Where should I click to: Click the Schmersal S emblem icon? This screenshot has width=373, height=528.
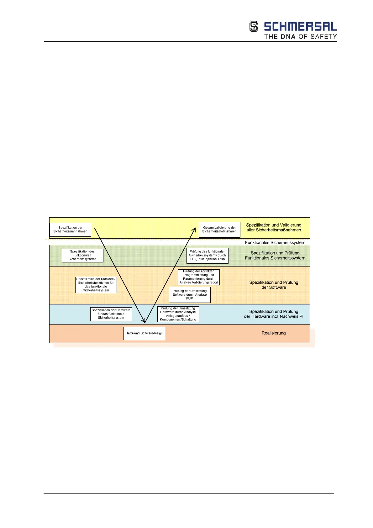click(254, 27)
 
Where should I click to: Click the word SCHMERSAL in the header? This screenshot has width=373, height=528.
click(300, 27)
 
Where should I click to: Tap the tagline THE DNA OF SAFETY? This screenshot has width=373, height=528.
click(300, 37)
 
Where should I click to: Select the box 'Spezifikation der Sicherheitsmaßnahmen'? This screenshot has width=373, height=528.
click(71, 230)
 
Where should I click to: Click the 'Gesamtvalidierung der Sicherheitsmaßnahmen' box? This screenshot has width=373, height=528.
click(219, 230)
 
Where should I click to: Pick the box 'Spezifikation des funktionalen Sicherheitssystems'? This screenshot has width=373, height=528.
click(82, 256)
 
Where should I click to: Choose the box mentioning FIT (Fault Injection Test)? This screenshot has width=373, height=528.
click(208, 256)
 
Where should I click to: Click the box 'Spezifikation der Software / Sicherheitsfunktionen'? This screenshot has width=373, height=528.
click(96, 285)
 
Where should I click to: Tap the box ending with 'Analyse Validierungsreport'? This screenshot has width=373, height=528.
click(199, 277)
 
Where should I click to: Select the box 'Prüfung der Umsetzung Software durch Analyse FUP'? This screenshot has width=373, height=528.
click(190, 295)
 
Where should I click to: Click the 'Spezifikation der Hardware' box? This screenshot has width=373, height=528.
click(111, 314)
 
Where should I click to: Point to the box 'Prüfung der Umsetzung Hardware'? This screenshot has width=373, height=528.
click(178, 314)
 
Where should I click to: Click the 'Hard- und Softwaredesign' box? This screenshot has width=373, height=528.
click(144, 333)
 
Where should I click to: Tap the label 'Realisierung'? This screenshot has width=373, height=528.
click(274, 333)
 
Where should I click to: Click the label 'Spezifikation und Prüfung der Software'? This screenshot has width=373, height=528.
click(274, 285)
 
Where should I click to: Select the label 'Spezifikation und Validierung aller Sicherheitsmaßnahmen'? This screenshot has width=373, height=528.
click(274, 228)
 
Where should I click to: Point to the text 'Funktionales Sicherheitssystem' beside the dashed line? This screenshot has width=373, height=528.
click(275, 243)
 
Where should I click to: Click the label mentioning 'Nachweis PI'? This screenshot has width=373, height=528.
click(274, 314)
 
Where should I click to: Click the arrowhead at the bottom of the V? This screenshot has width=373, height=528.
click(144, 321)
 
